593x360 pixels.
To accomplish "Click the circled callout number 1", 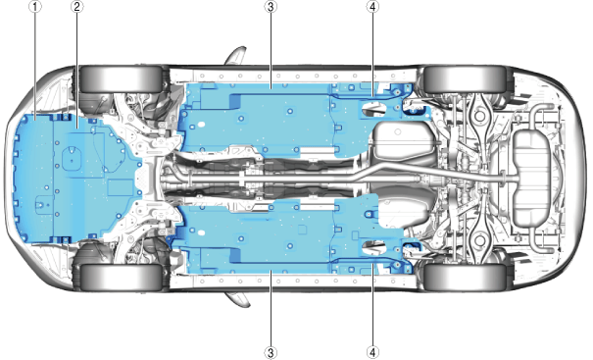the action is pos(34,7).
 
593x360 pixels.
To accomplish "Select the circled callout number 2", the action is pos(77,7).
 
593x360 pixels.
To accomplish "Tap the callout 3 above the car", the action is pos(271,7).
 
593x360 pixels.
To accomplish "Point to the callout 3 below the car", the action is pos(271,353).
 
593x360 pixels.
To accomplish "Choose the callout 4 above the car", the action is pos(372,7).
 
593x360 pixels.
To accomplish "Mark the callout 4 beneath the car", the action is pos(372,353).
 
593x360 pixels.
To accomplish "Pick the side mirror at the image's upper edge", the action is pos(236,56).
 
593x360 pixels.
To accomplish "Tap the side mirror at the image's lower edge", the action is pos(238,299).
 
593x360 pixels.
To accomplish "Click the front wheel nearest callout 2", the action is pos(122,78).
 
